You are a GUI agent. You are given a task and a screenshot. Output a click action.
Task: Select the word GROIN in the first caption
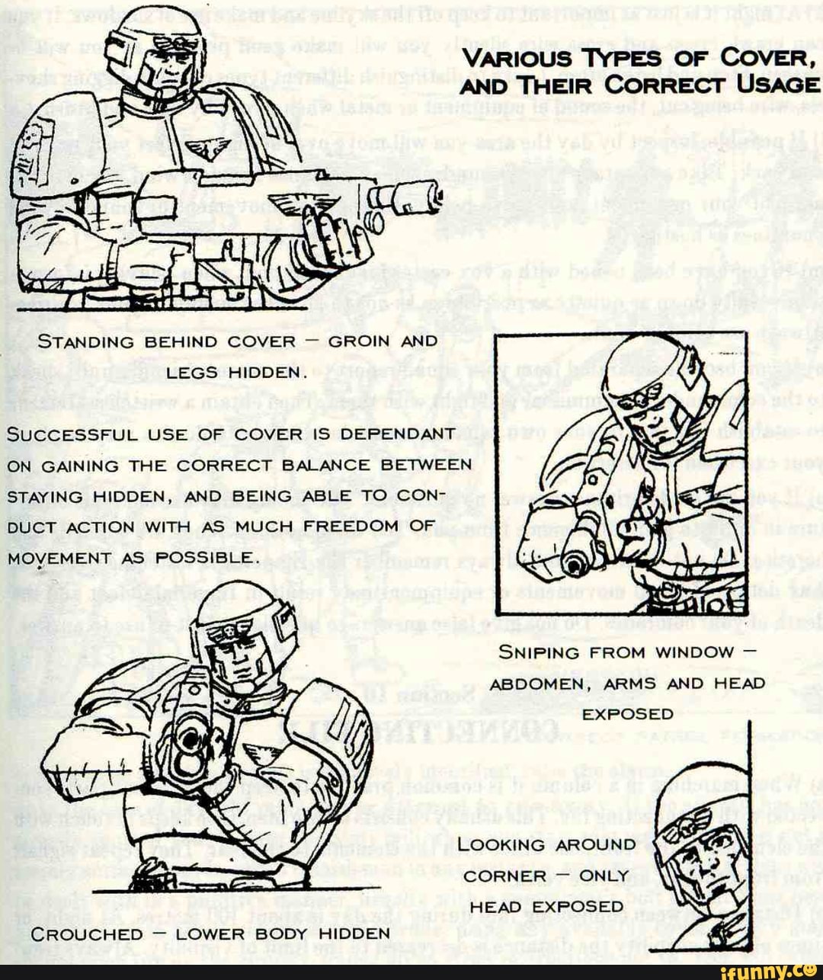coord(358,341)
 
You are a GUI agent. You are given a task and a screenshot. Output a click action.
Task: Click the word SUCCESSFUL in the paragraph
coord(72,434)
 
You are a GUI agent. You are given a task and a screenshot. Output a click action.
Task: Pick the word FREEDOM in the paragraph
coord(351,527)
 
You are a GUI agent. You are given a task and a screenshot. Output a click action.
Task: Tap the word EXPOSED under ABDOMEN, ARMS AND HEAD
coord(627,714)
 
